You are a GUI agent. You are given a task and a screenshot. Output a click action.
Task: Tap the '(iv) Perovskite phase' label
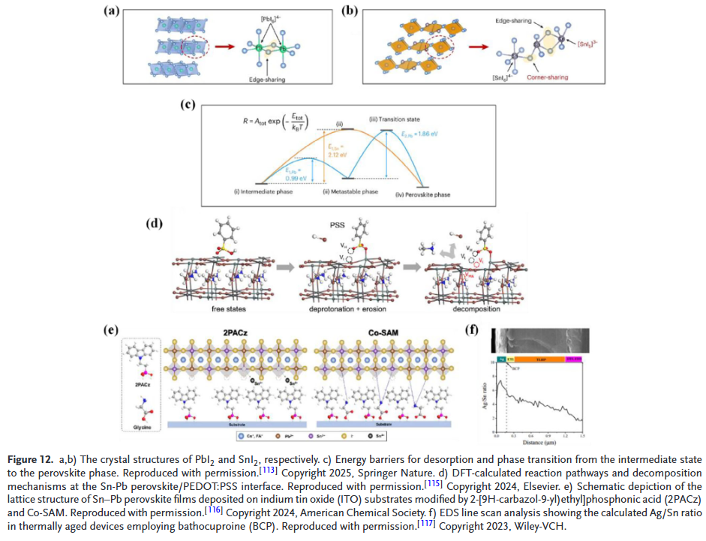[x=425, y=195]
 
